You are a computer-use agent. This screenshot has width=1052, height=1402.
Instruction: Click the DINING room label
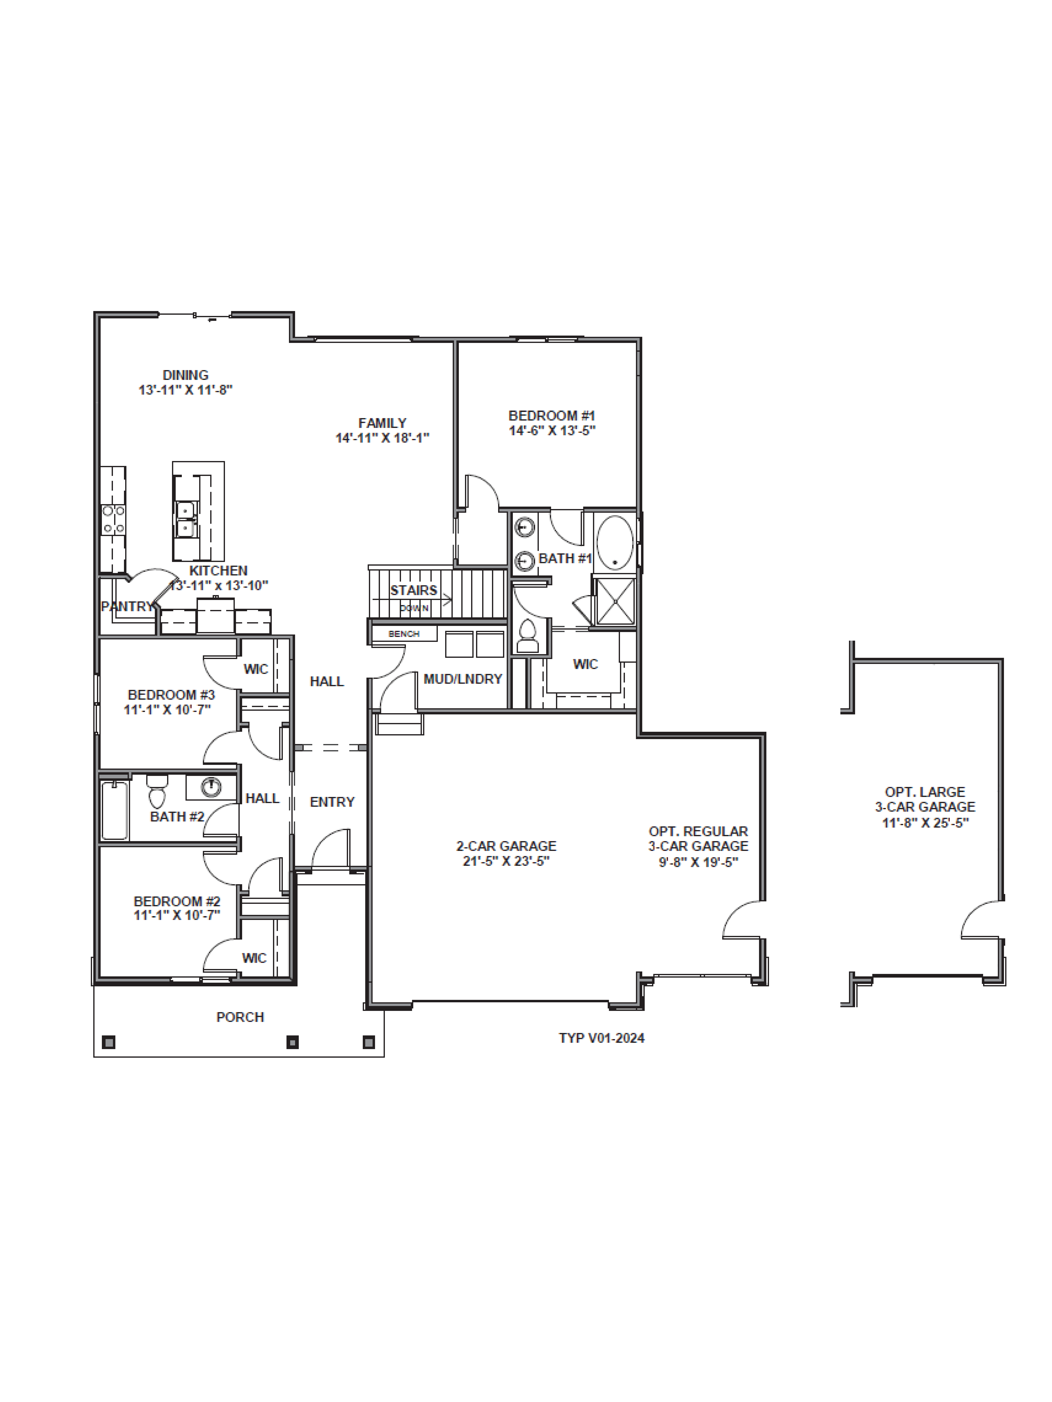click(185, 375)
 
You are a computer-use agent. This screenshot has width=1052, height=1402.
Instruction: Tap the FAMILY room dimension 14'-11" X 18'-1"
click(382, 438)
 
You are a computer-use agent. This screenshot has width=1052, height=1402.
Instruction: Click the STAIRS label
click(413, 590)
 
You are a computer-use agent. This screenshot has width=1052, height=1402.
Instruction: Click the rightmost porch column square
click(368, 1042)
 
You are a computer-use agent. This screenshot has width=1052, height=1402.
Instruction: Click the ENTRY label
click(332, 802)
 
